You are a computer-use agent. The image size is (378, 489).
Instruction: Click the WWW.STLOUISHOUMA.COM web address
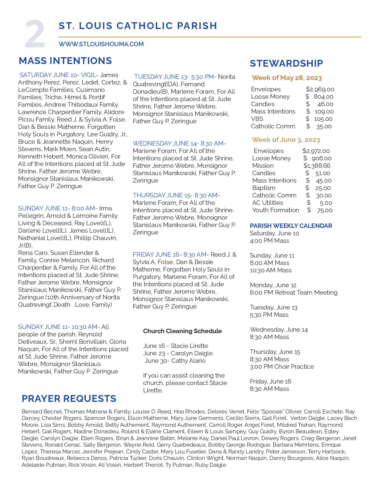click(101, 44)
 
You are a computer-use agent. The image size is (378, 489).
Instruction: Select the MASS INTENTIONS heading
click(65, 61)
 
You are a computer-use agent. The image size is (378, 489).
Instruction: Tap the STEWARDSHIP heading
click(286, 63)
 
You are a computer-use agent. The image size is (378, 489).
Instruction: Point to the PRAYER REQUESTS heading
click(69, 399)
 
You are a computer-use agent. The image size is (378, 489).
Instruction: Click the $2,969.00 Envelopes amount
click(320, 89)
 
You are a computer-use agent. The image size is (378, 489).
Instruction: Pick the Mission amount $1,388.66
click(317, 166)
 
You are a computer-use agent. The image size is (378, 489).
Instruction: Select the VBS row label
click(257, 119)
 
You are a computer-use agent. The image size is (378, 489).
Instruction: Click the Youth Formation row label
click(275, 210)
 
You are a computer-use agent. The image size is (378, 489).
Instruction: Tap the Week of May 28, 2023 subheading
click(287, 78)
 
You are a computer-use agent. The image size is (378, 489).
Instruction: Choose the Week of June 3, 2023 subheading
click(286, 140)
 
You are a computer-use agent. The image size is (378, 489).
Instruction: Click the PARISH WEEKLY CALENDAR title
click(291, 226)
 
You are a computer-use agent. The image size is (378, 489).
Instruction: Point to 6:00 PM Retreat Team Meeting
click(294, 293)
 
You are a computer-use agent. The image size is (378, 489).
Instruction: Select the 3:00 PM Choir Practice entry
click(282, 367)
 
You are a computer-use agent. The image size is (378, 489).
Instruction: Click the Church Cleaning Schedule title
click(182, 331)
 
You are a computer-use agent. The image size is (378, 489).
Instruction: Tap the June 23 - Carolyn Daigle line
click(178, 353)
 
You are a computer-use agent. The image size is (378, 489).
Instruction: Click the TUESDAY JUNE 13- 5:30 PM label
click(174, 77)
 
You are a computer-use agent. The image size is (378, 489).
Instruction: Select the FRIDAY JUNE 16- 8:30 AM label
click(169, 255)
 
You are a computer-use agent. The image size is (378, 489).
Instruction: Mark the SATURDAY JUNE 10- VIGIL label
click(58, 75)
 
